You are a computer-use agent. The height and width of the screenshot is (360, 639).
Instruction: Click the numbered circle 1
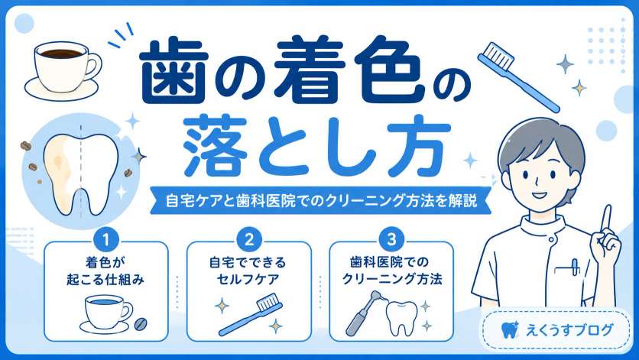point(106,240)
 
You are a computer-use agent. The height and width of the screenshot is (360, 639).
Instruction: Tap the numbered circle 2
point(248,240)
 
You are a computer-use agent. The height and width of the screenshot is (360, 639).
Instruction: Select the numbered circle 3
point(391,240)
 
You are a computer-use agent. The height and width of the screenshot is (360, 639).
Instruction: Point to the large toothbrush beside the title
point(517,76)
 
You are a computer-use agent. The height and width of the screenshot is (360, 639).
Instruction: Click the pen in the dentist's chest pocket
point(575,267)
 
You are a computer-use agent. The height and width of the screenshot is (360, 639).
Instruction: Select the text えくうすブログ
point(569,330)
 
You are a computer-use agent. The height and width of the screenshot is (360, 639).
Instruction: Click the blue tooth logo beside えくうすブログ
point(509,329)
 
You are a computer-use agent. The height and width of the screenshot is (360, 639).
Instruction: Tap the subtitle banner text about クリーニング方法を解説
point(321,200)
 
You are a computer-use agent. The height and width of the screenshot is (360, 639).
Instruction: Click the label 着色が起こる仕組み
point(105,271)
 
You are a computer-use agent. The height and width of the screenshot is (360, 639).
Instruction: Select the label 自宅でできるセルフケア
point(248,271)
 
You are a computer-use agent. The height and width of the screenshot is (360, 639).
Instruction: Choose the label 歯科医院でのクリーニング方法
point(391,271)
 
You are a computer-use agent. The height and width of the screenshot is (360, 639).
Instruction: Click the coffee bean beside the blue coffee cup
point(141,324)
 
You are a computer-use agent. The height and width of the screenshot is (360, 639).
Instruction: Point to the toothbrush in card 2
point(250,314)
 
